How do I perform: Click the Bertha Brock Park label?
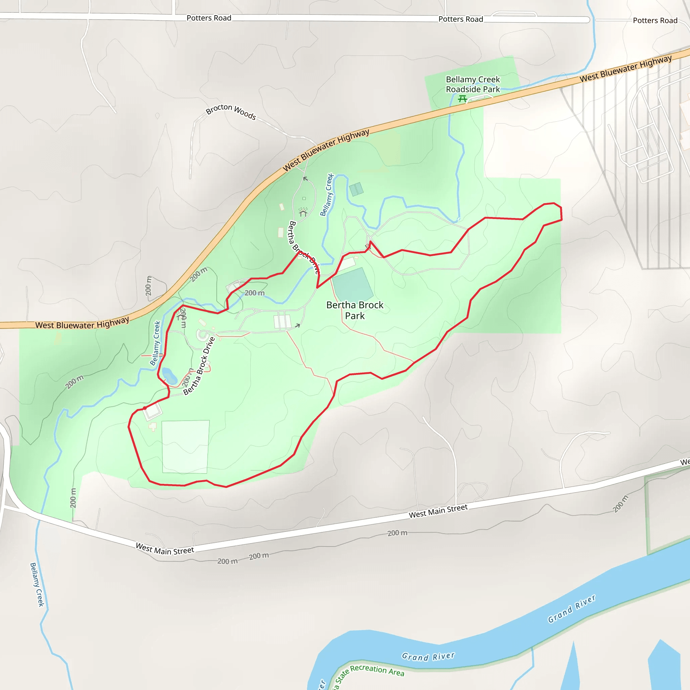tap(355, 310)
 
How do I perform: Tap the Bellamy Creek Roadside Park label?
tap(472, 84)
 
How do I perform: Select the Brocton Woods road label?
tap(231, 112)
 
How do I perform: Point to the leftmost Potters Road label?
tap(209, 18)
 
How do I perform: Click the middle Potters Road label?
tap(461, 19)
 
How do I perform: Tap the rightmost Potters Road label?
tap(655, 20)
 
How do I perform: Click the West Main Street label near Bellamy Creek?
tap(165, 549)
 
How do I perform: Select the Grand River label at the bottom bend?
tap(428, 656)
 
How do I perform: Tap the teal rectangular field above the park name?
tap(352, 284)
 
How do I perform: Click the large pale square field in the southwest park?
tap(185, 446)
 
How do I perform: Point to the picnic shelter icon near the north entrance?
tap(303, 213)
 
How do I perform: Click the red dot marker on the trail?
tap(145, 408)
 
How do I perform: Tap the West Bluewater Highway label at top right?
tap(625, 68)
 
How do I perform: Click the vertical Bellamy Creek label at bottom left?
tap(37, 584)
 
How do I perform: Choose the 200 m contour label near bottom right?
tap(620, 504)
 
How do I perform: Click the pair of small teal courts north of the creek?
tap(356, 189)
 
